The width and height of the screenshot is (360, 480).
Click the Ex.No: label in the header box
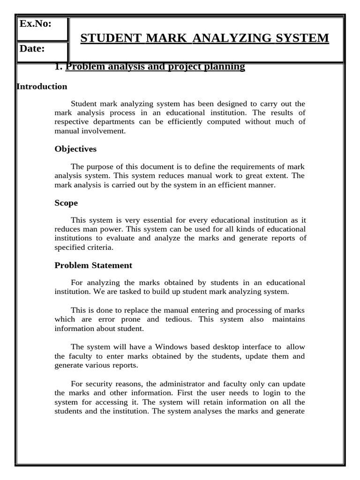coord(36,23)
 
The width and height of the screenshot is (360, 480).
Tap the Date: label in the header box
coord(32,48)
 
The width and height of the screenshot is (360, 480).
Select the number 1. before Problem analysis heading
coord(59,67)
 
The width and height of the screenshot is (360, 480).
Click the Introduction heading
coord(42,87)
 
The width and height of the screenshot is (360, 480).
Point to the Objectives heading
coord(75,149)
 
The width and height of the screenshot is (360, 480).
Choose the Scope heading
coord(66,203)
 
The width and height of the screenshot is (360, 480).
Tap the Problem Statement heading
coord(93,265)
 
